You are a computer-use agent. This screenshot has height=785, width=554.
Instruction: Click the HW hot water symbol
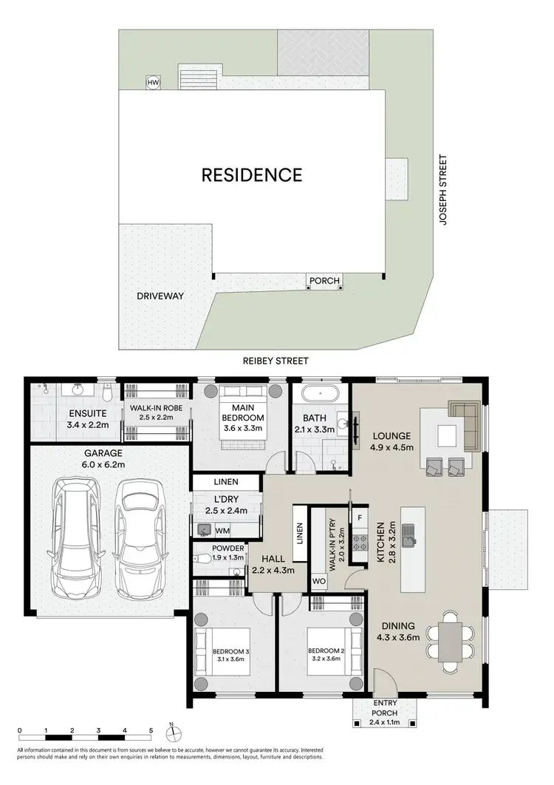click(x=153, y=83)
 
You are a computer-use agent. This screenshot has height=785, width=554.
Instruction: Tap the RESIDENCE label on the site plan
click(x=253, y=175)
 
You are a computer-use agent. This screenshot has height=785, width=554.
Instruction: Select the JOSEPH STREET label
click(x=443, y=190)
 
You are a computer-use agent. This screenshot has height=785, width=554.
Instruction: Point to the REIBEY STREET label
click(x=275, y=361)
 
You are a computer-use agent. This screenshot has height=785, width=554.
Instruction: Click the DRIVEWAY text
click(x=160, y=296)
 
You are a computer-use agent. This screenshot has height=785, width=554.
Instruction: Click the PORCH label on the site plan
click(x=324, y=281)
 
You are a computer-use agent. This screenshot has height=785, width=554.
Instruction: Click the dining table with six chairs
click(x=448, y=640)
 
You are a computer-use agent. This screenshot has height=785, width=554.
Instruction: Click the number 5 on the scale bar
click(x=151, y=730)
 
